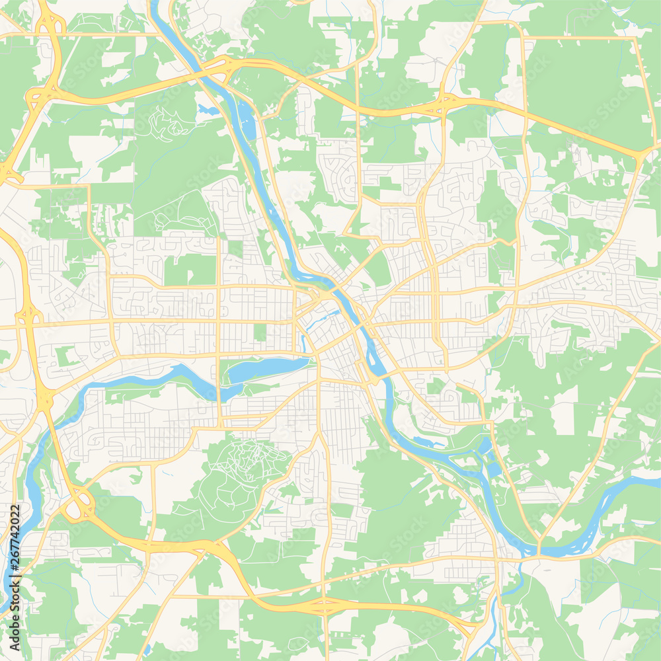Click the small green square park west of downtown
coord(260,332)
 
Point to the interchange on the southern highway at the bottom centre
coord(323,605)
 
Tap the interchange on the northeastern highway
coord(446,102)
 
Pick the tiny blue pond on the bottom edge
coord(146,650)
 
